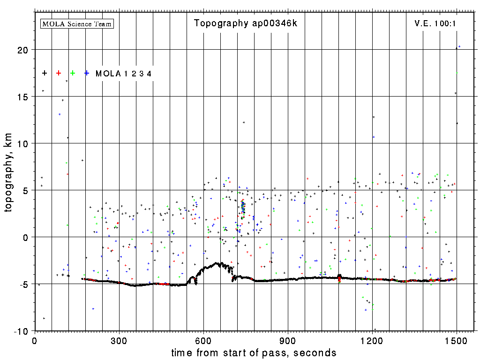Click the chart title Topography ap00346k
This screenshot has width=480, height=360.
point(245,23)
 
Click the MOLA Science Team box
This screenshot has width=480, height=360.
point(77,23)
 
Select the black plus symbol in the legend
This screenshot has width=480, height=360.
point(45,73)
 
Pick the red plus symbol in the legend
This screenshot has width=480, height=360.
point(59,73)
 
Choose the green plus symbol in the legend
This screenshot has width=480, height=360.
point(73,73)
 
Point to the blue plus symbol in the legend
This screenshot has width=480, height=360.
point(87,73)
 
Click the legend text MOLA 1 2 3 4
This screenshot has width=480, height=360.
point(123,74)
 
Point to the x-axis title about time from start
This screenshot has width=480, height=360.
point(254,352)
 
